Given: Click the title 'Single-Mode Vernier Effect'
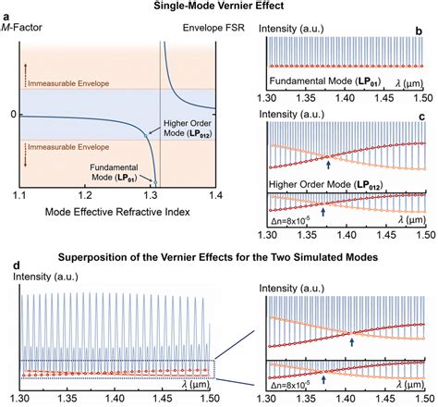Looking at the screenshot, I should (x=218, y=7).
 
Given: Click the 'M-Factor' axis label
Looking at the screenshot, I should (x=25, y=39).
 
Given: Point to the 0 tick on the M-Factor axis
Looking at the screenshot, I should (x=13, y=114).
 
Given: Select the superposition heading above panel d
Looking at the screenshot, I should (x=218, y=258).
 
